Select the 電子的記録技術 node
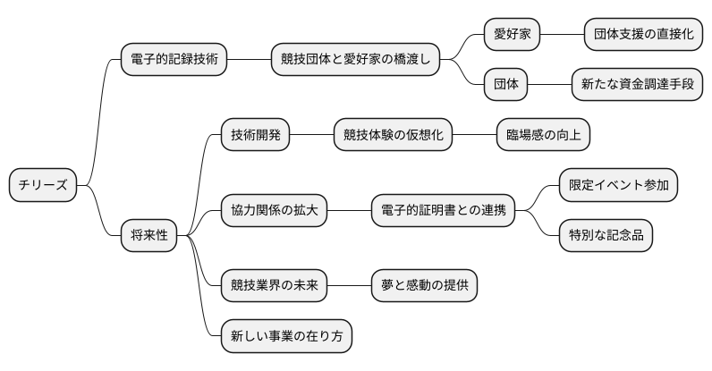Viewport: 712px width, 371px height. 174,60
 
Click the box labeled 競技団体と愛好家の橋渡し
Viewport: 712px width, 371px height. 356,60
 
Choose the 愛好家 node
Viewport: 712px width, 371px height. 513,35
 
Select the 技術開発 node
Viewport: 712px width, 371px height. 256,135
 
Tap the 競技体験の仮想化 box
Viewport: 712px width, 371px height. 393,135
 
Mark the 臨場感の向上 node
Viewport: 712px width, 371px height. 543,135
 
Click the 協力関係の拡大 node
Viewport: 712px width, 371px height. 274,210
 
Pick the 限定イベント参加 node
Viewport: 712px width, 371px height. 617,185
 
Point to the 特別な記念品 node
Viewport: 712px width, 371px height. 605,235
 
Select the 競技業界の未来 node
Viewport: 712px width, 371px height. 274,285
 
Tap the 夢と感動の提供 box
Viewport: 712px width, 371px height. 424,285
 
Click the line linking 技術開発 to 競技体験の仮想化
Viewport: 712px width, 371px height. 312,135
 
